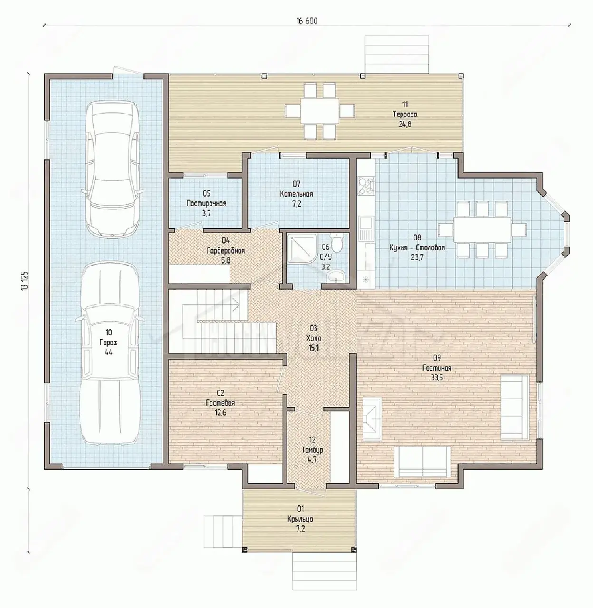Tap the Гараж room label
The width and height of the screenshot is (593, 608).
click(108, 343)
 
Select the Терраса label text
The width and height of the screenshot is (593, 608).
click(405, 114)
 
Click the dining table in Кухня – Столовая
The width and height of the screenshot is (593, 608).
click(483, 229)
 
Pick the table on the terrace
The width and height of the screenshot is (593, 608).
click(320, 111)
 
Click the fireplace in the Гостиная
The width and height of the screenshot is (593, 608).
click(372, 419)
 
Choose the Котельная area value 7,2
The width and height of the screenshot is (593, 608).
click(296, 204)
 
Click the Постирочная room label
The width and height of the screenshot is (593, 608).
click(206, 203)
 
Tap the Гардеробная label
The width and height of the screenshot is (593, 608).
click(225, 251)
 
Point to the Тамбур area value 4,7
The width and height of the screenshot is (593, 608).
click(312, 459)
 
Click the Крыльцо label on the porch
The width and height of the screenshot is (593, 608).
click(300, 519)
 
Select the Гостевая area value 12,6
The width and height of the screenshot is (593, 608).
click(220, 413)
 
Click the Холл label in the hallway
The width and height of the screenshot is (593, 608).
click(314, 338)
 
